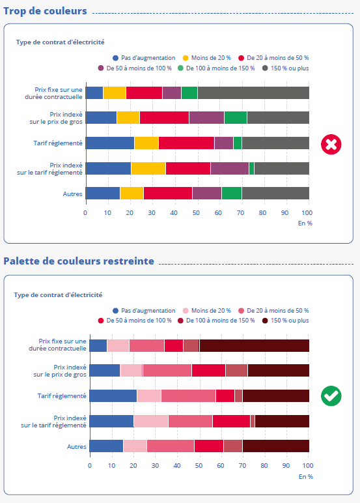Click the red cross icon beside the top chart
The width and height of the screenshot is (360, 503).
tap(331, 145)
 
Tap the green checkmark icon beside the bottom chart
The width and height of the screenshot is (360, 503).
tap(331, 396)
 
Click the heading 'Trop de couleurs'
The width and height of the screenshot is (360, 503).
tap(45, 11)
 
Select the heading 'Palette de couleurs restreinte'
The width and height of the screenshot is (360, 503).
tap(79, 261)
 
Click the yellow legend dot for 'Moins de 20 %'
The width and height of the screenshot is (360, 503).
tap(186, 58)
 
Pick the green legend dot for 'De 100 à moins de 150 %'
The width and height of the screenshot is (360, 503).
tap(180, 68)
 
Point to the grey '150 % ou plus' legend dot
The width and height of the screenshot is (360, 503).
tap(265, 68)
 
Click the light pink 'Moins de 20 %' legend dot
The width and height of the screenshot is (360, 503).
tap(186, 311)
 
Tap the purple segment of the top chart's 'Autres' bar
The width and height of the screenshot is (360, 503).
tap(207, 193)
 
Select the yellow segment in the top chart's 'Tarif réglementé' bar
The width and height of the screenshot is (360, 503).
tap(146, 143)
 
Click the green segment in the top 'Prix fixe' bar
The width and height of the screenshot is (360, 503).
tap(189, 93)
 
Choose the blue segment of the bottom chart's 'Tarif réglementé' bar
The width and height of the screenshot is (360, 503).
tap(113, 395)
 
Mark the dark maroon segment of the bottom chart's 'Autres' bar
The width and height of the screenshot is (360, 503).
tap(276, 446)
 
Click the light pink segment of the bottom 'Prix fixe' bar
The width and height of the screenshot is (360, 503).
tap(118, 345)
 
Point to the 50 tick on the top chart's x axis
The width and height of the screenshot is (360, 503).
tap(196, 212)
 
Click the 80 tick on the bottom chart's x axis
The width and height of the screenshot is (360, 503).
tap(264, 465)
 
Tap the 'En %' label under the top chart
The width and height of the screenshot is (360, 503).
tap(305, 223)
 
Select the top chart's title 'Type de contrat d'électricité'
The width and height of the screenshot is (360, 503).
tap(61, 42)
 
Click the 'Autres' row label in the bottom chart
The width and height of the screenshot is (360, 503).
tap(77, 446)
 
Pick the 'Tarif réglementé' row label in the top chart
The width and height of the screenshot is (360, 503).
tap(58, 143)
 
